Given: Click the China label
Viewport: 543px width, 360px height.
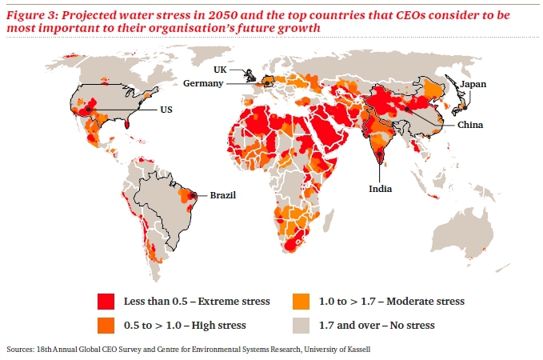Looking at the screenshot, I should point(469,126).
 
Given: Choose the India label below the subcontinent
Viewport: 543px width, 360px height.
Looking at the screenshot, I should point(380,190).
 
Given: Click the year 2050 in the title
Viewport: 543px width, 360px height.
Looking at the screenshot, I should point(225,15).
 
